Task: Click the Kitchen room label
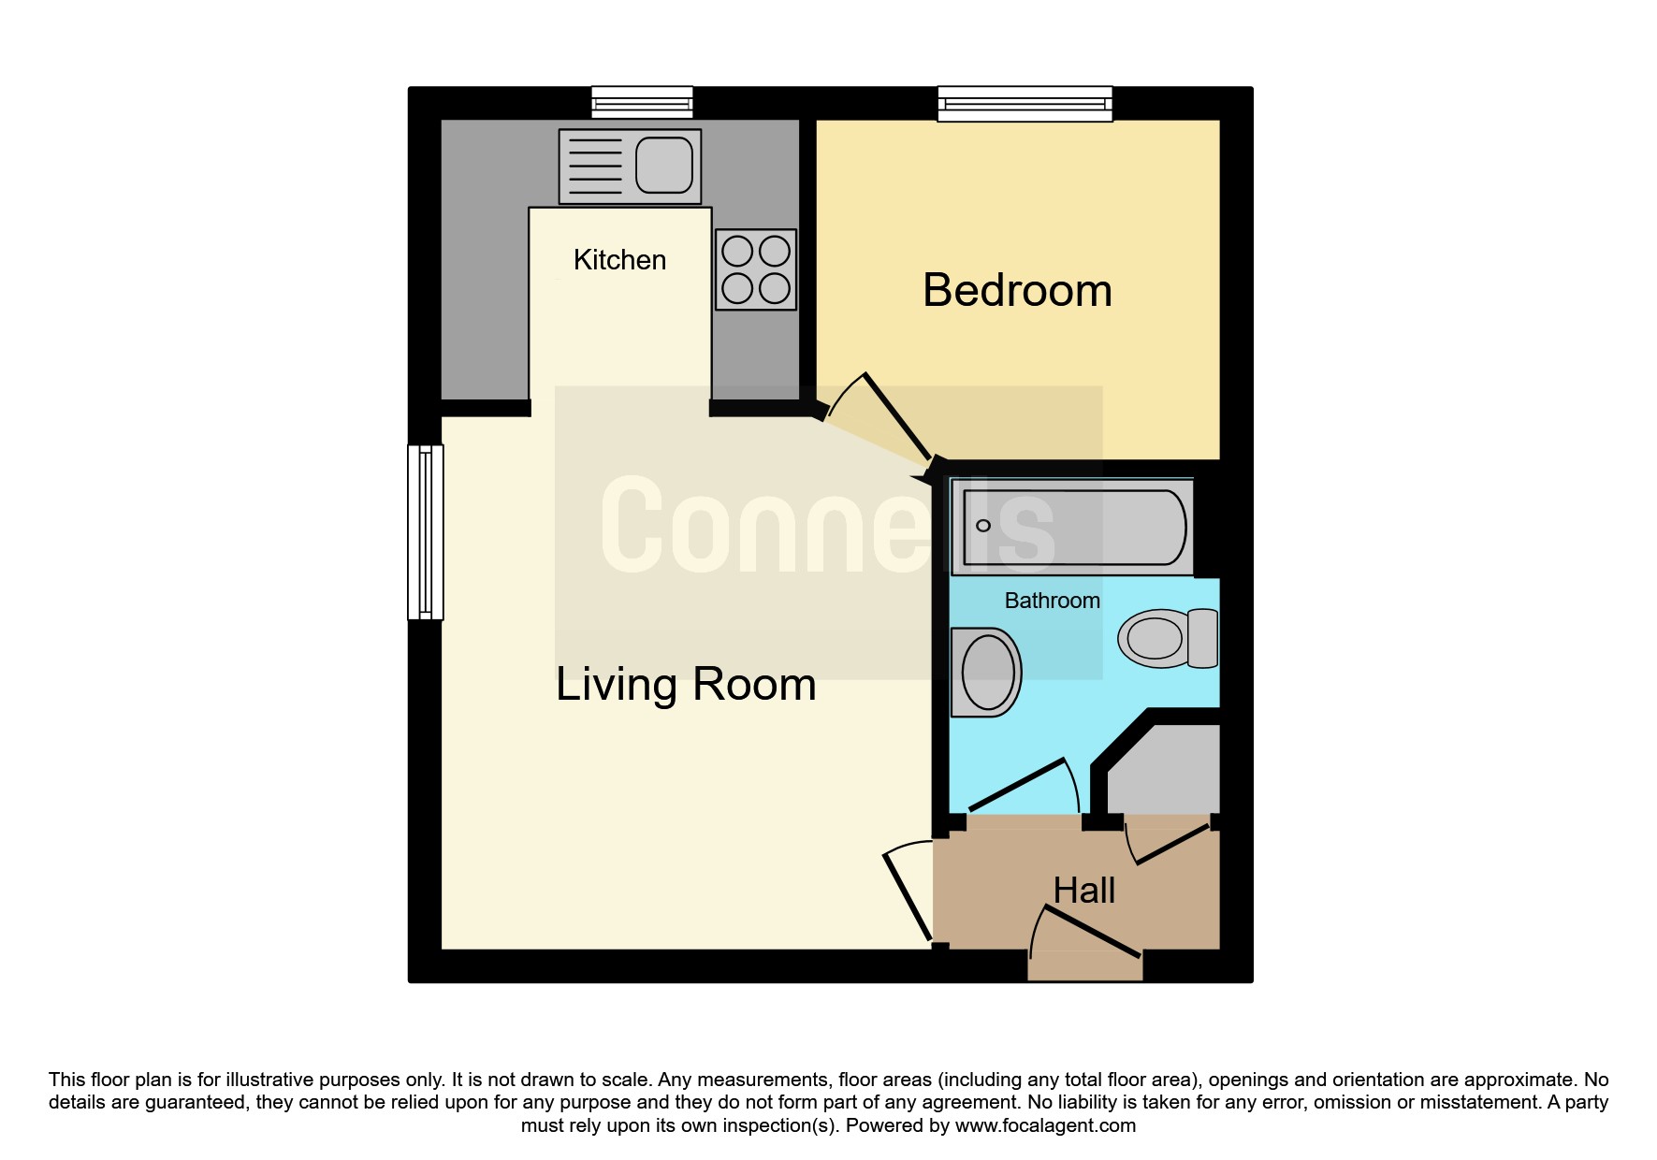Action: [619, 260]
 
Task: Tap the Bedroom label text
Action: [1017, 290]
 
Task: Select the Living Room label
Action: [686, 684]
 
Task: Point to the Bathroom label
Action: [1052, 601]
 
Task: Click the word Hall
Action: [1083, 891]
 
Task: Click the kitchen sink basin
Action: [664, 165]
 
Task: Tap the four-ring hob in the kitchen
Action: [756, 269]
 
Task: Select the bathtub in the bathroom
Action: [1073, 528]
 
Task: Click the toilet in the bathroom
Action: [1168, 639]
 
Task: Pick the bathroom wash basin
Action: [985, 672]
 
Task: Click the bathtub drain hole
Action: [983, 526]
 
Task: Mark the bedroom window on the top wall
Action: [1025, 104]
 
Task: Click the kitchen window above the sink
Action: [642, 103]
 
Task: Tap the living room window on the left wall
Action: [426, 532]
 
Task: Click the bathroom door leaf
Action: [1019, 785]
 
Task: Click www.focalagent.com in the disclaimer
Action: [1045, 1125]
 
